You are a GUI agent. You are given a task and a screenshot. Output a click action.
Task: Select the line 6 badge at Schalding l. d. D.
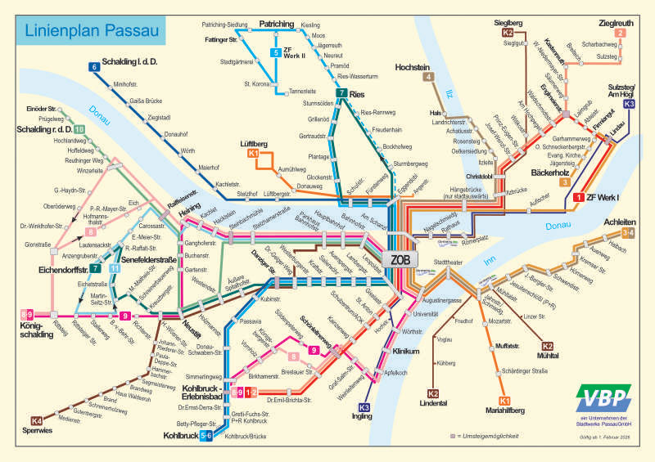(x=95, y=67)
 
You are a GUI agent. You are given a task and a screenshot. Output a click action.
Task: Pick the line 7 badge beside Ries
(x=341, y=93)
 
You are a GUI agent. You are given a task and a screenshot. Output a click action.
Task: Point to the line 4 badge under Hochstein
(x=428, y=78)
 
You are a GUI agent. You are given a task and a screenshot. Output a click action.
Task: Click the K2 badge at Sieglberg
(x=508, y=33)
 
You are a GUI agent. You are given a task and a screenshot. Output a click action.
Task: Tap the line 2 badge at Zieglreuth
(x=620, y=33)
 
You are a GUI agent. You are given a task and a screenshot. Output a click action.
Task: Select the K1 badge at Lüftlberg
(x=253, y=153)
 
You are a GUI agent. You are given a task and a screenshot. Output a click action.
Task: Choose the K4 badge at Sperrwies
(x=36, y=421)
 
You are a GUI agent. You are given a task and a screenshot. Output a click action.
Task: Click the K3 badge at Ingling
(x=364, y=407)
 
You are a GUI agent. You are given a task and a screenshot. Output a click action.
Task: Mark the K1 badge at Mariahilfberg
(x=504, y=400)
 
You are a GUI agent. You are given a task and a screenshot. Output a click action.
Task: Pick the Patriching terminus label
(x=276, y=25)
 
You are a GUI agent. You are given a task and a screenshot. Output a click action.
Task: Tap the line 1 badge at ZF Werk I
(x=578, y=197)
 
